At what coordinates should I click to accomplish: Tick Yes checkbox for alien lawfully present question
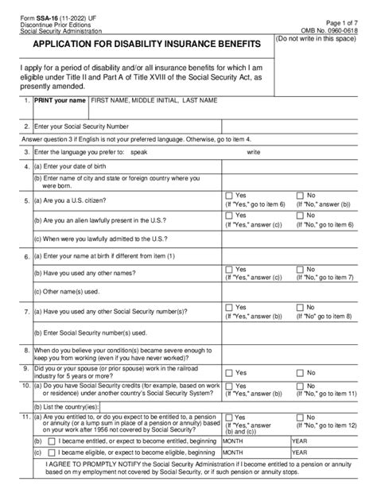[229, 216]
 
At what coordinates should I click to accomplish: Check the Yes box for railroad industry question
[229, 371]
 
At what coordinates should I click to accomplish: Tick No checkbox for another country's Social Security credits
[300, 392]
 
